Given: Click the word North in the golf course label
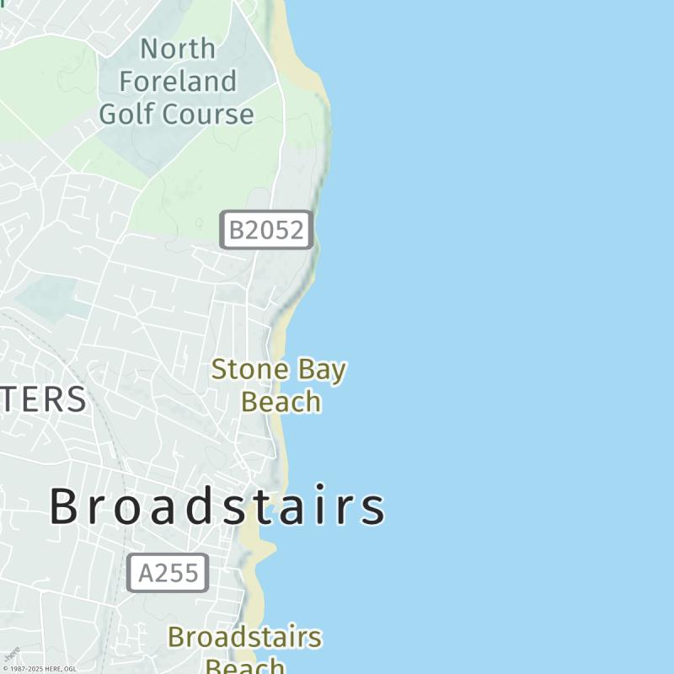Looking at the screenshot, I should [x=177, y=49].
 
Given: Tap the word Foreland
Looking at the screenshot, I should [x=177, y=82].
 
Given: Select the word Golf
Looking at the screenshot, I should [x=127, y=114].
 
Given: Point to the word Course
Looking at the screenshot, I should [x=206, y=114].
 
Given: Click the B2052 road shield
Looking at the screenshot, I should [x=266, y=230].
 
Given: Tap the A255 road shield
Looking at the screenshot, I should [x=168, y=573].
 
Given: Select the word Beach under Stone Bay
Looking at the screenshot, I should [x=281, y=402].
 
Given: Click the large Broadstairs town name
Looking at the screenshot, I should [x=217, y=507].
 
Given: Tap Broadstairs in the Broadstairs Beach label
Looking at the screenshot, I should [x=244, y=637].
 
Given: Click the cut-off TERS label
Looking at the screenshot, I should [x=42, y=399].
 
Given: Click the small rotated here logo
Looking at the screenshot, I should [x=12, y=655].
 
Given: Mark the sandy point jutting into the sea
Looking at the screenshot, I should [x=265, y=549].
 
